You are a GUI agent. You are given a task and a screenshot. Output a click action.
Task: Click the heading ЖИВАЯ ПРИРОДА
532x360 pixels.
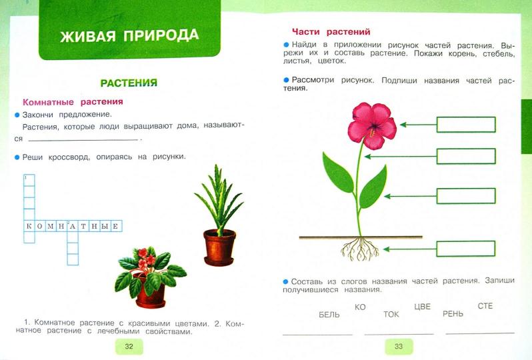[x=129, y=35]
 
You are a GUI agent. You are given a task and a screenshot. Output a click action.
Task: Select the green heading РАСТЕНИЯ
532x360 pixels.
[x=129, y=83]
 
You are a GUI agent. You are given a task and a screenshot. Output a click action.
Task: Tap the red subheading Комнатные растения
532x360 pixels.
[x=73, y=102]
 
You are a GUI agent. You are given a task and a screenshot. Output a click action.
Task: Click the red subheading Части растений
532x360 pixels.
[x=331, y=31]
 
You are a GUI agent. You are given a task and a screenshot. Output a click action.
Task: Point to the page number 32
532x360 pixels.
[x=129, y=346]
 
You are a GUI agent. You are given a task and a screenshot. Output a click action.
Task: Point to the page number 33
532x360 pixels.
[x=399, y=346]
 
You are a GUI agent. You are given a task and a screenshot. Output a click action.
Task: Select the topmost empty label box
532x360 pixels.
[x=466, y=124]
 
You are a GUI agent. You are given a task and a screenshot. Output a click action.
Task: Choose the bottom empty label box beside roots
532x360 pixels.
[x=466, y=249]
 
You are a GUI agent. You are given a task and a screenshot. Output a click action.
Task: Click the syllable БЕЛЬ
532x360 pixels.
[x=329, y=314]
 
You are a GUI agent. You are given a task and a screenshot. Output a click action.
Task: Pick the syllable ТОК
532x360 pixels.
[x=391, y=314]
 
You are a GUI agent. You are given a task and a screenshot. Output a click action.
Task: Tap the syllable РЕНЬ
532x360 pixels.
[x=453, y=313]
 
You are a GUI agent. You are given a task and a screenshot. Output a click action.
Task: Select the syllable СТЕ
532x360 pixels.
[x=485, y=306]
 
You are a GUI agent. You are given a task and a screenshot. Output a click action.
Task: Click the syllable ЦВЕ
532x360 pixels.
[x=422, y=307]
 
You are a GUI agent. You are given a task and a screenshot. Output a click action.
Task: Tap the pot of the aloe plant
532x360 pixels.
[x=219, y=247]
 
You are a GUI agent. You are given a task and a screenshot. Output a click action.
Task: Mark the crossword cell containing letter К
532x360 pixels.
[x=29, y=226]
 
